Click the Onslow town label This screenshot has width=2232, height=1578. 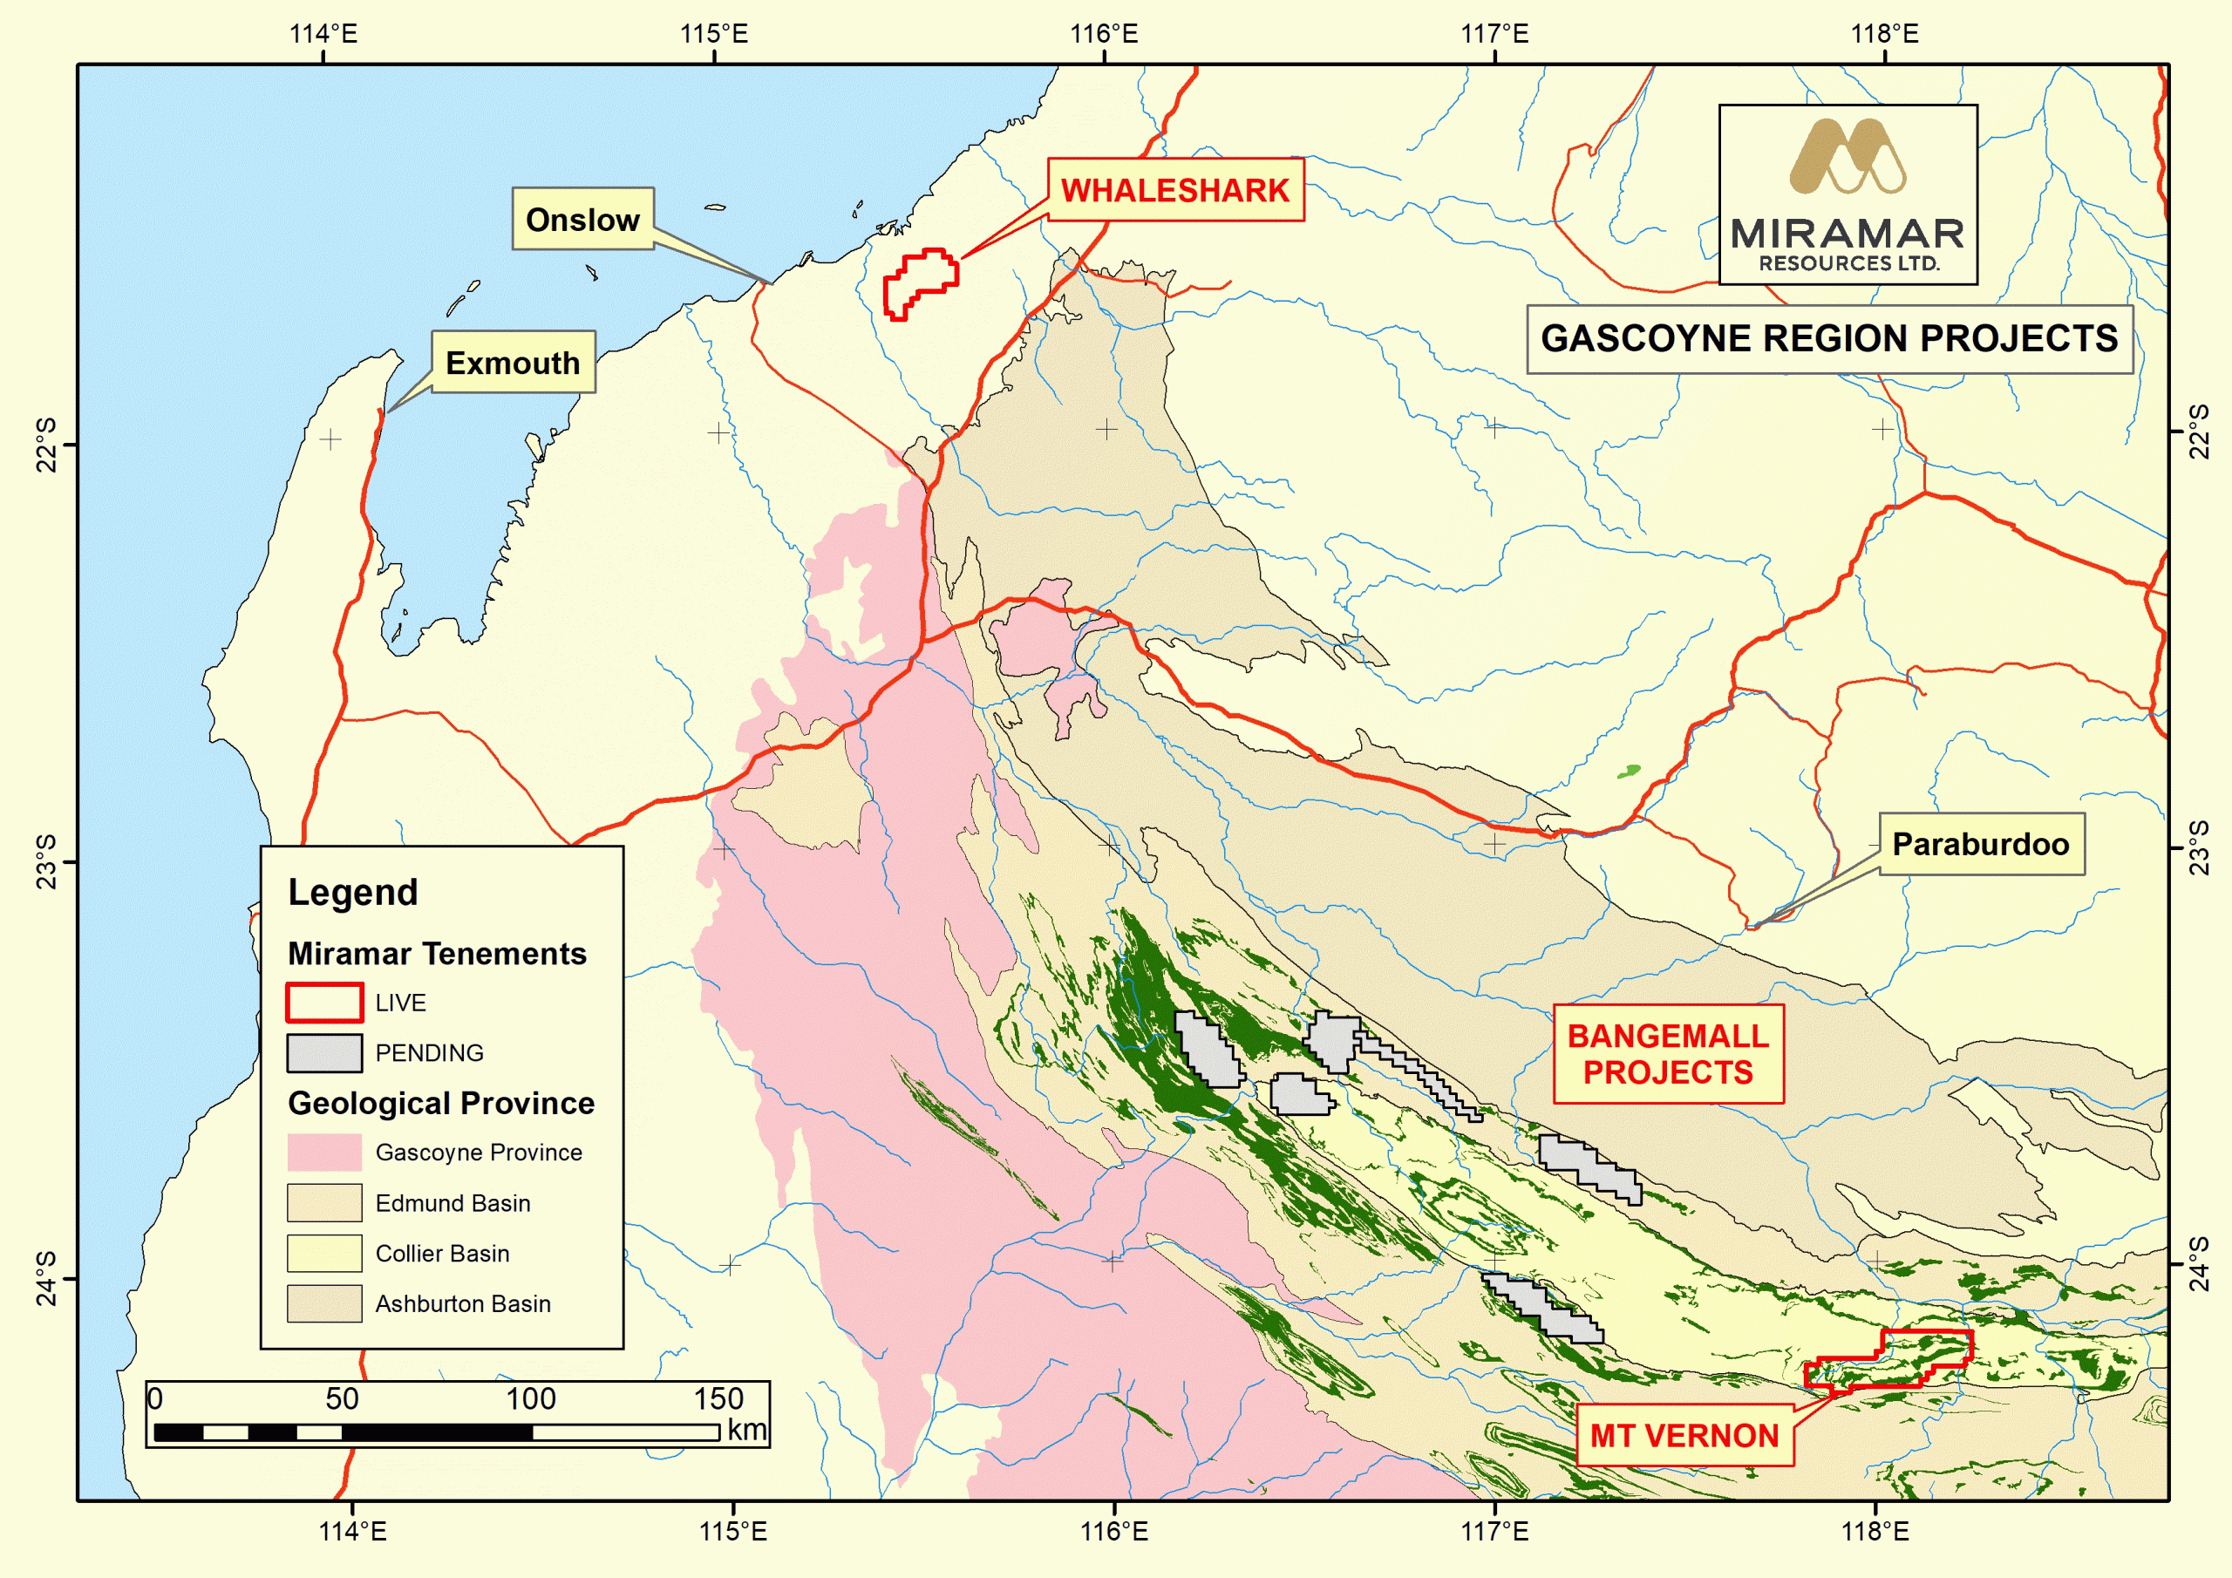tap(582, 220)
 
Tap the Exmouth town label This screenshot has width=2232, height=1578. tap(513, 363)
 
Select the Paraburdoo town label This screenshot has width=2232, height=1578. tap(1980, 844)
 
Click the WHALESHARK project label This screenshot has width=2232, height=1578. tap(1174, 191)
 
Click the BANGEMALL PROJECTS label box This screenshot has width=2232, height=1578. tap(1667, 1054)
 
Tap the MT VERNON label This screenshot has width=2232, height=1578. tap(1684, 1435)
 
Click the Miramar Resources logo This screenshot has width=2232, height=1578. tap(1847, 194)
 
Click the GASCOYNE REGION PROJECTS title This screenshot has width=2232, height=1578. tap(1828, 339)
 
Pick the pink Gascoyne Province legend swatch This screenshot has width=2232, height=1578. tap(323, 1153)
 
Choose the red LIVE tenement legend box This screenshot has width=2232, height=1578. tap(323, 1003)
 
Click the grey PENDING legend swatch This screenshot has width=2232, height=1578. tap(323, 1053)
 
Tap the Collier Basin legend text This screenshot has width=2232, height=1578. tap(442, 1254)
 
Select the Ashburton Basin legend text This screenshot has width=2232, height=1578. tap(463, 1304)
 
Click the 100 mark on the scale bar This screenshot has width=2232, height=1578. tap(531, 1399)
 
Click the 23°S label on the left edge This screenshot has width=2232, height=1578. tap(45, 861)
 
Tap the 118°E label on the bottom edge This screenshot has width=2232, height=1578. tap(1875, 1531)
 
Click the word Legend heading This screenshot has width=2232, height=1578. tap(353, 893)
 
